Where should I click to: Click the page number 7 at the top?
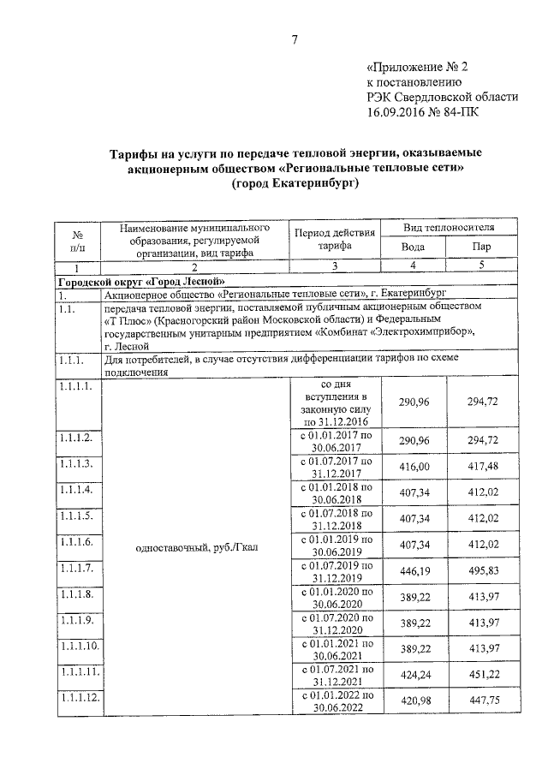pyautogui.click(x=294, y=39)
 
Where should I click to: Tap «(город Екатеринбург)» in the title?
pyautogui.click(x=294, y=183)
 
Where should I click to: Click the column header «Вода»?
pyautogui.click(x=413, y=247)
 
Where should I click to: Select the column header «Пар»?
pyautogui.click(x=482, y=247)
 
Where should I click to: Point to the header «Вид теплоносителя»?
pyautogui.click(x=448, y=227)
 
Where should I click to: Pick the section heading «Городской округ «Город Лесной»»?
pyautogui.click(x=141, y=281)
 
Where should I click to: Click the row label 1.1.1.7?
pyautogui.click(x=76, y=567)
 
